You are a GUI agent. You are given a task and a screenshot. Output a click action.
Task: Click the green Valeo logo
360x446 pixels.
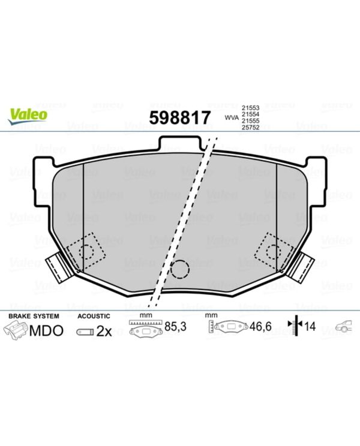(x=28, y=116)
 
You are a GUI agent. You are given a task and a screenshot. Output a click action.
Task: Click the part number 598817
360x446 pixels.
(x=180, y=117)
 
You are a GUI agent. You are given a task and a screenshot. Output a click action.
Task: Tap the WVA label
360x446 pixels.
(x=232, y=117)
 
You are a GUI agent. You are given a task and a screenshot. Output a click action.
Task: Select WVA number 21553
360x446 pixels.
(x=250, y=108)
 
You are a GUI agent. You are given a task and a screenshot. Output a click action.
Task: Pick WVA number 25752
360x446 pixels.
(x=250, y=128)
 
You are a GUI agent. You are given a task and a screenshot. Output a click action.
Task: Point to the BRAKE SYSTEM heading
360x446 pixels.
(x=34, y=316)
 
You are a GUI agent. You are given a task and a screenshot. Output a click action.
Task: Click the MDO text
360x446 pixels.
(x=46, y=331)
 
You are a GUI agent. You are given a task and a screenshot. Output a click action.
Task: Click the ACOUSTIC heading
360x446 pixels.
(x=94, y=316)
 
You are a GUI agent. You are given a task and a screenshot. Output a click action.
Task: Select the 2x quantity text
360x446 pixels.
(x=104, y=331)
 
